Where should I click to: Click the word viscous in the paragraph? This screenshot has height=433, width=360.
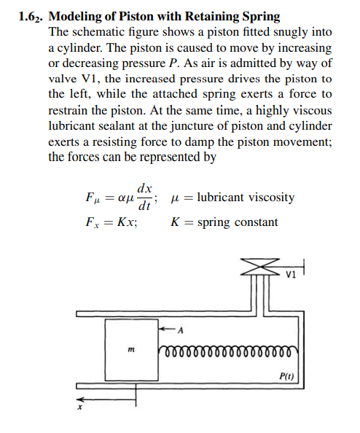[311, 110]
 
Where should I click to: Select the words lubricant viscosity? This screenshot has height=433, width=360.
[247, 198]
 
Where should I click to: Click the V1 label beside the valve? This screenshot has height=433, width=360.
[291, 276]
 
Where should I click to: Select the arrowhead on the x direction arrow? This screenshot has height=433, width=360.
[82, 399]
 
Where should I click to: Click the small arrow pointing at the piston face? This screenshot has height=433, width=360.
[168, 328]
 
